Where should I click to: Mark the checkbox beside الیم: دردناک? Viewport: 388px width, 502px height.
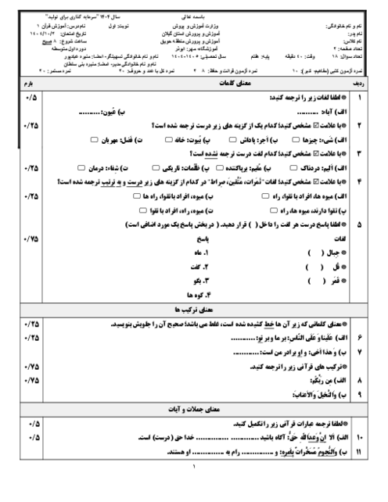click(287, 167)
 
